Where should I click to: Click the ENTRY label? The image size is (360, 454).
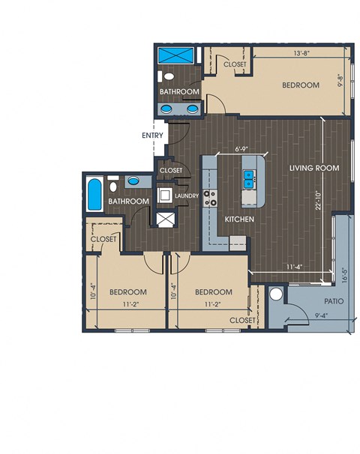[x=152, y=135]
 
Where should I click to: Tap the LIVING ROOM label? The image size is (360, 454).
[x=314, y=168]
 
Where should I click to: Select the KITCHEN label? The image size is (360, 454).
[x=239, y=220]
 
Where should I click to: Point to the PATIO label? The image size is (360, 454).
[x=334, y=301]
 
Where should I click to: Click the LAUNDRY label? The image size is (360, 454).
[x=187, y=196]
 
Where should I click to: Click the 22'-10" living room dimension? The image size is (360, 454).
[x=319, y=200]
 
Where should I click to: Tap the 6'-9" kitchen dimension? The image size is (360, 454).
[x=241, y=149]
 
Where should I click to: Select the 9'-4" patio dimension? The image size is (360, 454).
[x=322, y=315]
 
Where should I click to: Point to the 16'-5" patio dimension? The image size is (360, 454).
[x=344, y=275]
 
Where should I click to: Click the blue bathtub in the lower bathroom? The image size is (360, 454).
[x=94, y=194]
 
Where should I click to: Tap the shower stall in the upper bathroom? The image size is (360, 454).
[x=176, y=55]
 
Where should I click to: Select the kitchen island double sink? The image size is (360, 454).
[x=249, y=179]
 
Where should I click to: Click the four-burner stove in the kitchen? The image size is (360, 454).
[x=210, y=198]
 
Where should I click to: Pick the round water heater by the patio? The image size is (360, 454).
[x=276, y=294]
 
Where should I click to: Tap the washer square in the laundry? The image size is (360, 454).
[x=165, y=196]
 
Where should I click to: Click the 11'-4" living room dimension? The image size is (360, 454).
[x=295, y=267]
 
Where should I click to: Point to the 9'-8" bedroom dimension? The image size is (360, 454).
[x=340, y=81]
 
